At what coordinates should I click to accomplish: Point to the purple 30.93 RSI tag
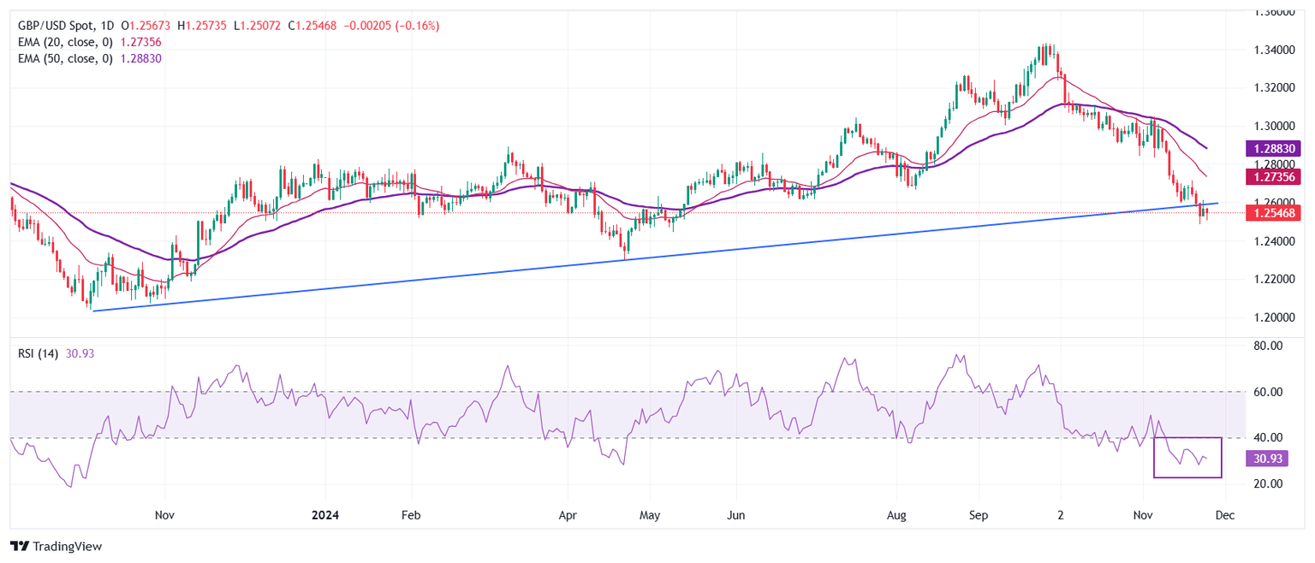[x=1267, y=459]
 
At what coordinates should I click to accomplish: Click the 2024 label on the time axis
[x=325, y=516]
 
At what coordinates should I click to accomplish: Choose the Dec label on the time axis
[x=1225, y=516]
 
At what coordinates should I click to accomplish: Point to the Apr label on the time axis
[x=567, y=516]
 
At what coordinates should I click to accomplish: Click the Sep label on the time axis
[x=979, y=516]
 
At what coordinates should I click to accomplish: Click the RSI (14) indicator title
[x=39, y=353]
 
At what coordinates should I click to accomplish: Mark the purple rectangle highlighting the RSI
[x=1187, y=458]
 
